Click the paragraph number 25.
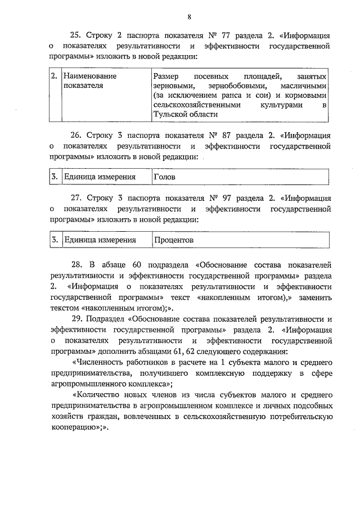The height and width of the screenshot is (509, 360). (x=77, y=35)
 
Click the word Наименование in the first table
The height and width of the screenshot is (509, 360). (x=90, y=75)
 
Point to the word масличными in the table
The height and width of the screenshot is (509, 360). (x=304, y=85)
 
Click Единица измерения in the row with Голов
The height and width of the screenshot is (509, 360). (x=100, y=177)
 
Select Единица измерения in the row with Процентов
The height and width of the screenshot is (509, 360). (x=100, y=240)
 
